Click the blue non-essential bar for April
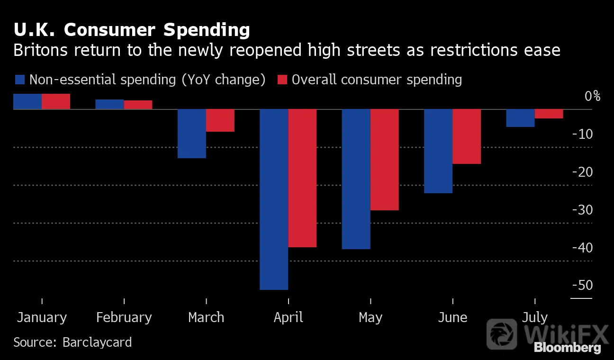coord(274,199)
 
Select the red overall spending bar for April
coord(302,179)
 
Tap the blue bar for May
coord(356,179)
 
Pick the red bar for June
coord(467,137)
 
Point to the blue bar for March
coord(192,134)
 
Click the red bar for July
coord(549,114)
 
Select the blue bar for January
coord(27,102)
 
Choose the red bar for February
coord(138,105)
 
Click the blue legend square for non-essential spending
coord(20,80)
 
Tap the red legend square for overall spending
coord(282,80)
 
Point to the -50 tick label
coord(582,285)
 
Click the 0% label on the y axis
coord(592,96)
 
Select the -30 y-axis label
coord(582,210)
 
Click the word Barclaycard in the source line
coord(97,342)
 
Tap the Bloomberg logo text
coord(568,348)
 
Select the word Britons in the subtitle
coord(41,50)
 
